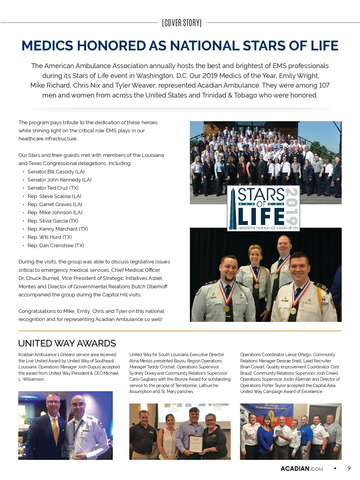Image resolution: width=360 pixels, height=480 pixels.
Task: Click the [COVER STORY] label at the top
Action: click(x=181, y=23)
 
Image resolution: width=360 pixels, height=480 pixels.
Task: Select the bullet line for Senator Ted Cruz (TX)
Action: click(x=53, y=188)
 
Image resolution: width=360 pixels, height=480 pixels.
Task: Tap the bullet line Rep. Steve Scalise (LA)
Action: click(x=54, y=196)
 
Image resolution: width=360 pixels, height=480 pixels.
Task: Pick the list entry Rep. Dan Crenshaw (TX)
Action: click(x=55, y=245)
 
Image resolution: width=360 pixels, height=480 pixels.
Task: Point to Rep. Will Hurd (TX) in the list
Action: click(x=49, y=237)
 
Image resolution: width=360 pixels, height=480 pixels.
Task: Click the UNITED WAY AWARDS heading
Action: click(x=67, y=343)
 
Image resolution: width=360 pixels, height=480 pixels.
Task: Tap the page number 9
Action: click(x=349, y=469)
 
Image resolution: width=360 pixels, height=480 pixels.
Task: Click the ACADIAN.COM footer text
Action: click(x=301, y=469)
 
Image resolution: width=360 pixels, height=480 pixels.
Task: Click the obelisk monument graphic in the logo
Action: click(x=233, y=210)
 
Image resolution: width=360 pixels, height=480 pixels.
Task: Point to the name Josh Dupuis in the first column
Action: click(x=110, y=367)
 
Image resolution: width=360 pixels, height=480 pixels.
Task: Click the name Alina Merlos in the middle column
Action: click(x=141, y=361)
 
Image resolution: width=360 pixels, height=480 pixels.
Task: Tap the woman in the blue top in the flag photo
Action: click(x=265, y=435)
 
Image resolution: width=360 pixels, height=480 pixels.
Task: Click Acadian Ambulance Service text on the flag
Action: click(x=271, y=407)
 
